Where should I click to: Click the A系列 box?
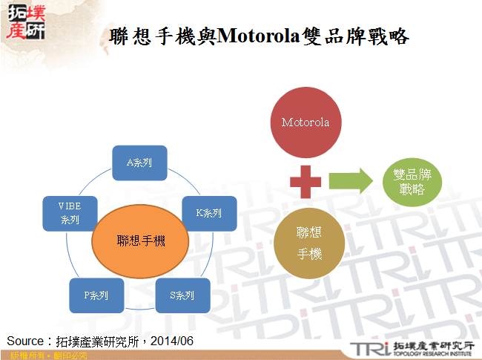point(139,163)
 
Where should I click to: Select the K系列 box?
point(209,213)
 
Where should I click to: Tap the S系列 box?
point(182,295)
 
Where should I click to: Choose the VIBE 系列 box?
point(70,213)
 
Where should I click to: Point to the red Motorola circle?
point(306,121)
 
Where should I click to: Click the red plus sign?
point(306,182)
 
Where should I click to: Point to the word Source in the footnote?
point(27,341)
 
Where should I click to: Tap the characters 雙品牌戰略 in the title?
point(357,35)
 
